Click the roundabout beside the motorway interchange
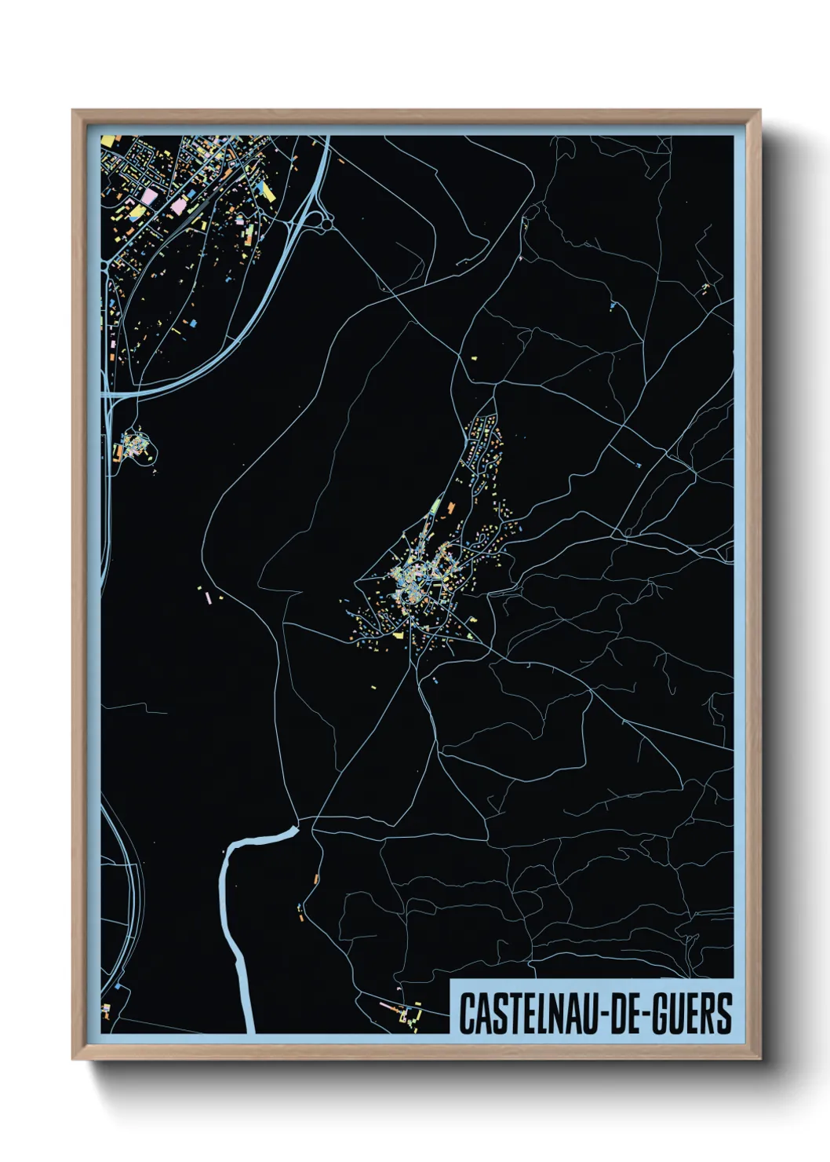point(326,224)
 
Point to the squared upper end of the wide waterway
point(296,827)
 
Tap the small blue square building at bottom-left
point(118,985)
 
